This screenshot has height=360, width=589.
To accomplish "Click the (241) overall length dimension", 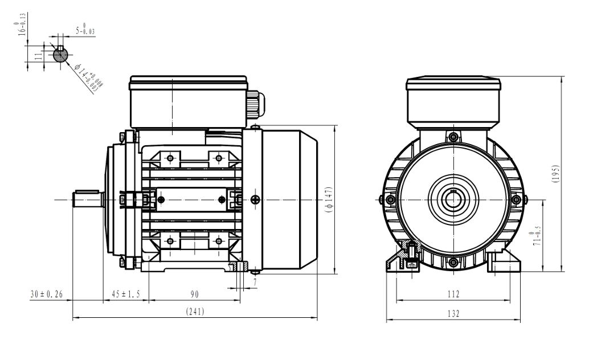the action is pyautogui.click(x=195, y=312).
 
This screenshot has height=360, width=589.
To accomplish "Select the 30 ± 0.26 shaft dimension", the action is pyautogui.click(x=47, y=294).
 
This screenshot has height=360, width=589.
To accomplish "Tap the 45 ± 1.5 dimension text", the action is pyautogui.click(x=126, y=294).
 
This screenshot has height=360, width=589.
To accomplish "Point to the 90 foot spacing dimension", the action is pyautogui.click(x=194, y=294).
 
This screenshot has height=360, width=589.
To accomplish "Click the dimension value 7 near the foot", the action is pyautogui.click(x=255, y=282).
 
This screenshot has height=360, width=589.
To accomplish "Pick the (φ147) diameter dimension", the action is pyautogui.click(x=329, y=199).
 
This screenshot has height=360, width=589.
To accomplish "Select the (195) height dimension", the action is pyautogui.click(x=555, y=174).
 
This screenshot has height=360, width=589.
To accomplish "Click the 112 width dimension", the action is pyautogui.click(x=453, y=294).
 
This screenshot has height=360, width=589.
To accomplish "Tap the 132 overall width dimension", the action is pyautogui.click(x=453, y=313).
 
